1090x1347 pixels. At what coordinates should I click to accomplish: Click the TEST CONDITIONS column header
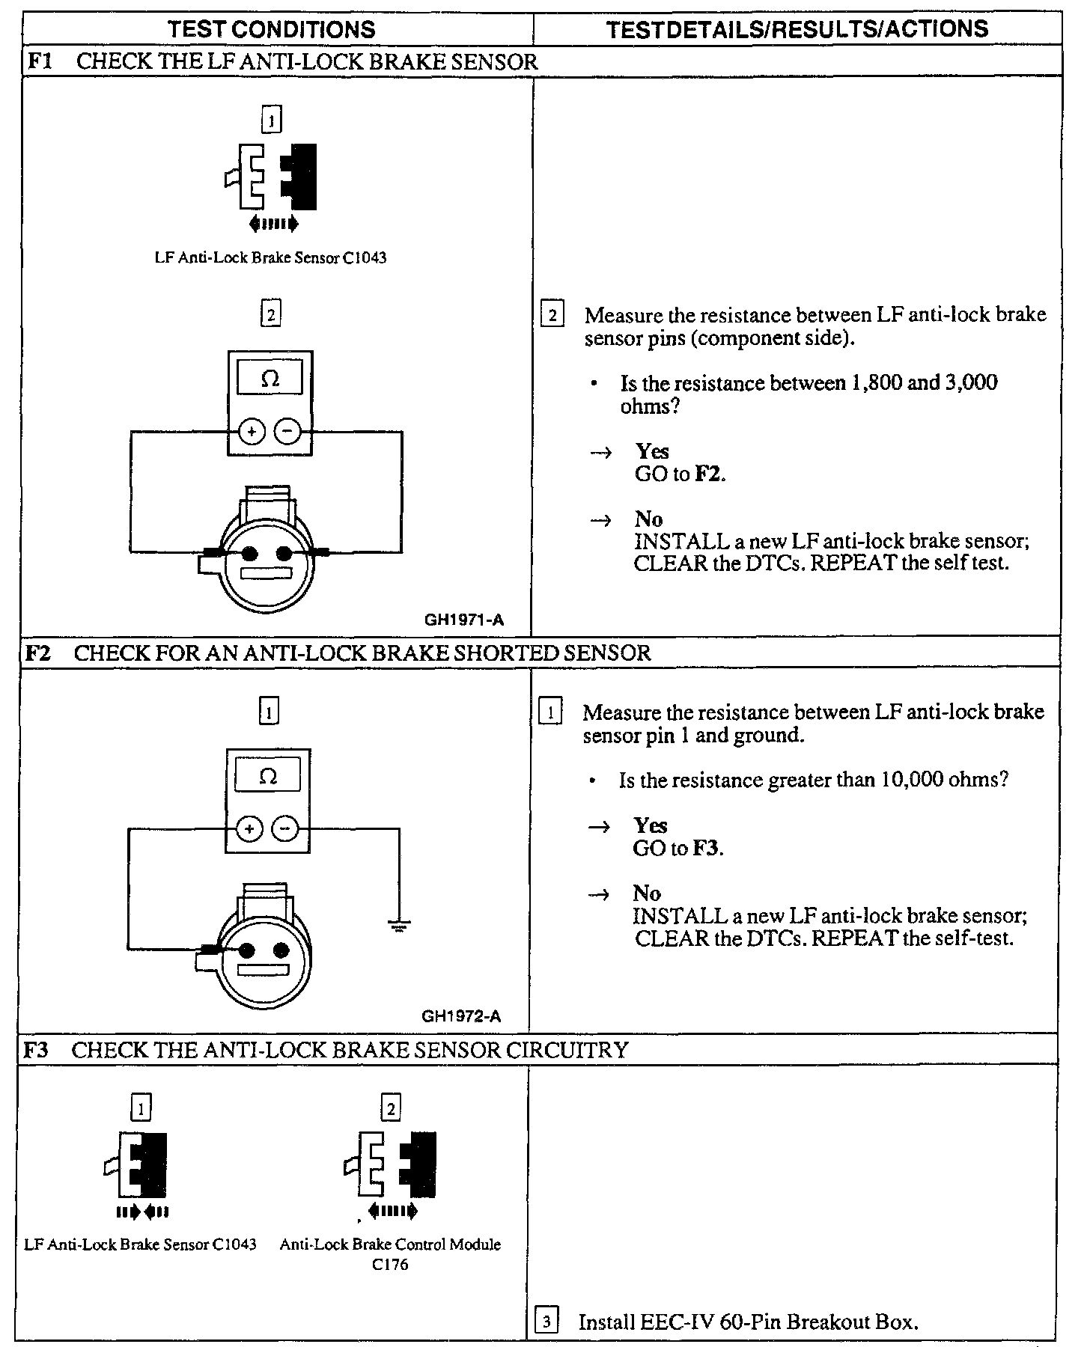(x=271, y=29)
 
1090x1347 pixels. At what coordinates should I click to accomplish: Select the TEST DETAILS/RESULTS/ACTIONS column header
(x=797, y=29)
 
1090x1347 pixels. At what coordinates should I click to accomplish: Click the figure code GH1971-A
(x=464, y=620)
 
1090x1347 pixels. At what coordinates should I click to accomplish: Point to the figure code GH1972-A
(x=461, y=1016)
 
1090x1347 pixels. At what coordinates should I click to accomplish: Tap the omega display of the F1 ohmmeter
(x=270, y=379)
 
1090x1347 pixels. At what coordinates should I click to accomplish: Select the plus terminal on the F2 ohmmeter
(x=249, y=828)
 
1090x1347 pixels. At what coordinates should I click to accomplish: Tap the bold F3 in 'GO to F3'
(x=706, y=849)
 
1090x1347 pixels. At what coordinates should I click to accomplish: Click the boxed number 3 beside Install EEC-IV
(x=547, y=1322)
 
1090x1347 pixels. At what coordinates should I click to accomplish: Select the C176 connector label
(x=390, y=1265)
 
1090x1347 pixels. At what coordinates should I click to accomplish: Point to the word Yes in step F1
(x=652, y=451)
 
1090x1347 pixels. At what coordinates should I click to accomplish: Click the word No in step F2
(x=647, y=893)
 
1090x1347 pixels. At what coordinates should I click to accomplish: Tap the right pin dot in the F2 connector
(x=281, y=950)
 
